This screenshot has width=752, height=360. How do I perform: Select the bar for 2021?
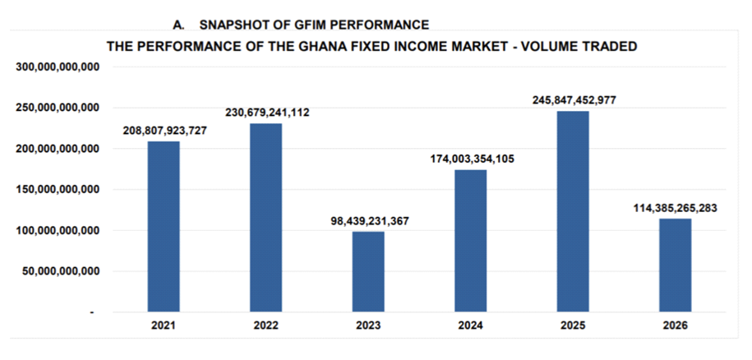click(164, 227)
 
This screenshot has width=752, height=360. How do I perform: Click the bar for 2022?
click(266, 218)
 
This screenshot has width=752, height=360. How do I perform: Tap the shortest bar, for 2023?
click(368, 272)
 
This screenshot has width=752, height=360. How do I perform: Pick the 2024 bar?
click(471, 241)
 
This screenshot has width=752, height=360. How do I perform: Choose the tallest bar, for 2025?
click(573, 211)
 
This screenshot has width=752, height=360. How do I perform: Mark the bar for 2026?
click(676, 265)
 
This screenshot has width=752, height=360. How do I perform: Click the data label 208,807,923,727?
click(164, 130)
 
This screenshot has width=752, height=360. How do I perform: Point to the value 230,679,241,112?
click(267, 113)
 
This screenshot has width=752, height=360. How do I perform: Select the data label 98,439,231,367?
click(369, 220)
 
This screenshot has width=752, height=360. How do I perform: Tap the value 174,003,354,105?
click(471, 159)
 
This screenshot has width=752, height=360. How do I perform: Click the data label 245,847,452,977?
click(574, 100)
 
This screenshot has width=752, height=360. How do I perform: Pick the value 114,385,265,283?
click(676, 208)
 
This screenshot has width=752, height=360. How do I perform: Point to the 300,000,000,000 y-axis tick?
click(58, 67)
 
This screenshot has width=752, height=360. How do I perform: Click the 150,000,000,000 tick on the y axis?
click(58, 189)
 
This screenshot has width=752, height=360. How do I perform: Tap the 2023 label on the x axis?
click(368, 325)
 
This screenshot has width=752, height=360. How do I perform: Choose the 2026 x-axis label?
click(676, 325)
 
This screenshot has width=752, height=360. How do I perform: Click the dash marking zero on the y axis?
click(92, 312)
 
